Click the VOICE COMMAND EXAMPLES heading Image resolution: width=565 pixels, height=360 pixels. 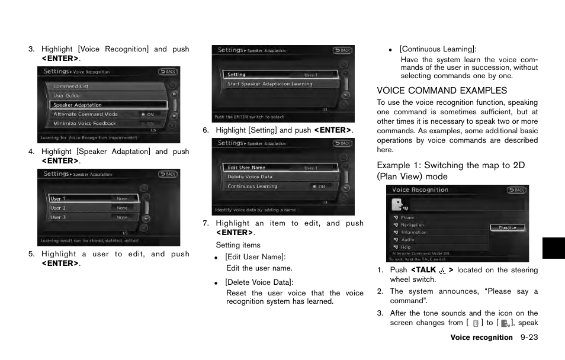[x=442, y=91]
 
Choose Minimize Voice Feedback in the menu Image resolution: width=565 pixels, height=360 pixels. [x=85, y=123]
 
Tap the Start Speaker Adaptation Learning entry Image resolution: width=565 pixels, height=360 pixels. [x=269, y=84]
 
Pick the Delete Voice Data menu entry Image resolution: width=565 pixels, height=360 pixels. [x=250, y=177]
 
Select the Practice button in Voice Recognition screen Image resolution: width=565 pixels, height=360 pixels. [x=507, y=227]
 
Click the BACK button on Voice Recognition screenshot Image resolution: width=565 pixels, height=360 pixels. [x=516, y=190]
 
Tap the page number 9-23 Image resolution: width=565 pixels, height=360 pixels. [x=529, y=337]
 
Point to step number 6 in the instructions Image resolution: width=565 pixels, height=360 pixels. [x=206, y=130]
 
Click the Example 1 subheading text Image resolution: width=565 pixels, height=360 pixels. [x=451, y=171]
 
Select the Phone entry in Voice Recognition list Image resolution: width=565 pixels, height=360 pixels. [x=407, y=218]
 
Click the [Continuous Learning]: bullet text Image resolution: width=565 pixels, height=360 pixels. [x=438, y=49]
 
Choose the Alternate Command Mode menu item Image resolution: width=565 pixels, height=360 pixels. [x=85, y=114]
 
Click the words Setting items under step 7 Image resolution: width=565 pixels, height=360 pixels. [x=238, y=245]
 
